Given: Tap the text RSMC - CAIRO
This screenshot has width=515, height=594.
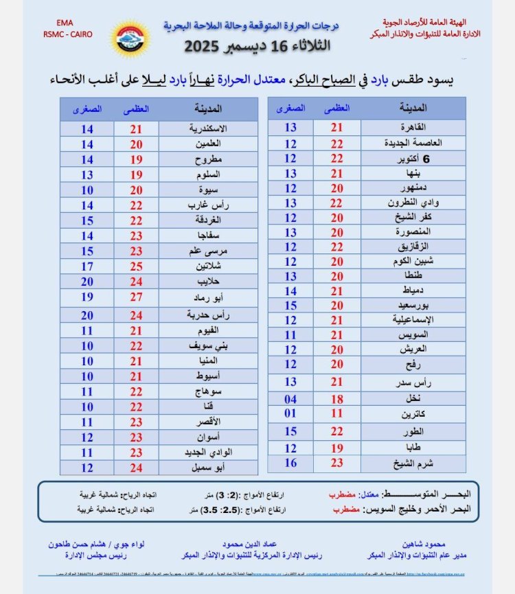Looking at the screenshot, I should point(67,34).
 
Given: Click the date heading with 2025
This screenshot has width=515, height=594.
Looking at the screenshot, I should point(257,47).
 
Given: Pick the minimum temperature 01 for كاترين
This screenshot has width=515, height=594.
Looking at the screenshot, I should point(290,413).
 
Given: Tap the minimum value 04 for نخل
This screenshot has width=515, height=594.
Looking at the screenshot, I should point(290,398).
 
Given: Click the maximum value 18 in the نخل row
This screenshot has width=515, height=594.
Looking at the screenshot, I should point(336,398).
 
